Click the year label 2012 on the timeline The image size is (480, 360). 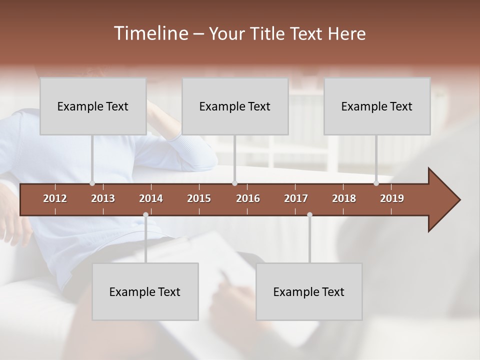pos(55,198)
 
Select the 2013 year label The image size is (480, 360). pos(103,198)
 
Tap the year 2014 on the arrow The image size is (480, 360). pos(151,198)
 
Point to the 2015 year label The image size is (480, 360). pos(199,198)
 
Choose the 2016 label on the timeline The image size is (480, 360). pos(248,198)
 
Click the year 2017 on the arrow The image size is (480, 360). pos(296,198)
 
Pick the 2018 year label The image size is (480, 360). pos(344,198)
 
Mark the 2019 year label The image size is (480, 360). pos(392,198)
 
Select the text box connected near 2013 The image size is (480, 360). pos(93,106)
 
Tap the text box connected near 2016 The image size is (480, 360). pos(235,106)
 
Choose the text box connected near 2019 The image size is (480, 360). pos(377,106)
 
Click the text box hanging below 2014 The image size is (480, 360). pos(145,291)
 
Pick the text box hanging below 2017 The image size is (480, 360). pos(309,291)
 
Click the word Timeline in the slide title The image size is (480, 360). pos(150,33)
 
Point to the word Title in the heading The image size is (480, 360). pos(270,34)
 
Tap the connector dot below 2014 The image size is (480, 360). pos(145,215)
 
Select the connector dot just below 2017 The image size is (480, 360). pos(309,215)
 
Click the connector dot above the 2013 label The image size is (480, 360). pos(92,183)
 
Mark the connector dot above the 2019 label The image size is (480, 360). pos(376,183)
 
